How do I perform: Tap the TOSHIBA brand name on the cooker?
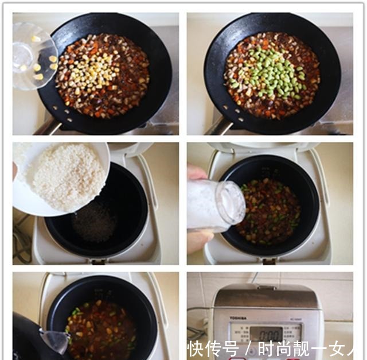tap(238, 318)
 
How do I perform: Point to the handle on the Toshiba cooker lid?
tap(266, 288)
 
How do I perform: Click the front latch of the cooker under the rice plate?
tap(98, 262)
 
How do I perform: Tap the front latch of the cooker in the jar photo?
tap(270, 261)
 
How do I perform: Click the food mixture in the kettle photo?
tap(103, 330)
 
